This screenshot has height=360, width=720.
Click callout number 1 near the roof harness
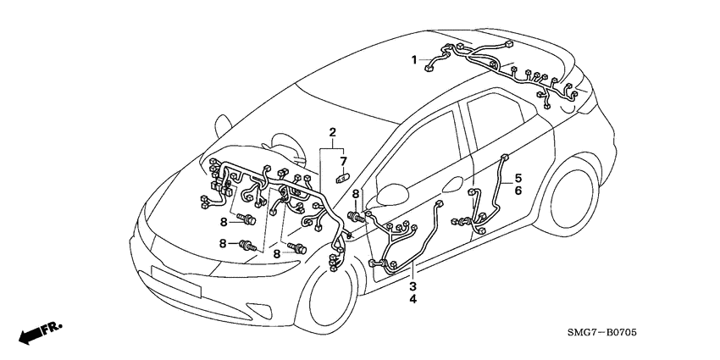pyautogui.click(x=414, y=60)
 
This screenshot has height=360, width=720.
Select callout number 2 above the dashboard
pyautogui.click(x=333, y=132)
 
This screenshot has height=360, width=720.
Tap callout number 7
pyautogui.click(x=344, y=161)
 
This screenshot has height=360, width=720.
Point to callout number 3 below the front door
pyautogui.click(x=413, y=286)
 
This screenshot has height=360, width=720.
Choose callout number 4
pyautogui.click(x=413, y=299)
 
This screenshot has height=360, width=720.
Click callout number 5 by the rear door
pyautogui.click(x=518, y=179)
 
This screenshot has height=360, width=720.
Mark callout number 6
pyautogui.click(x=518, y=191)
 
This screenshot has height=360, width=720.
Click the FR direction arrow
pyautogui.click(x=32, y=335)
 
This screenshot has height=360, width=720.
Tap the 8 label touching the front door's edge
pyautogui.click(x=356, y=194)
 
